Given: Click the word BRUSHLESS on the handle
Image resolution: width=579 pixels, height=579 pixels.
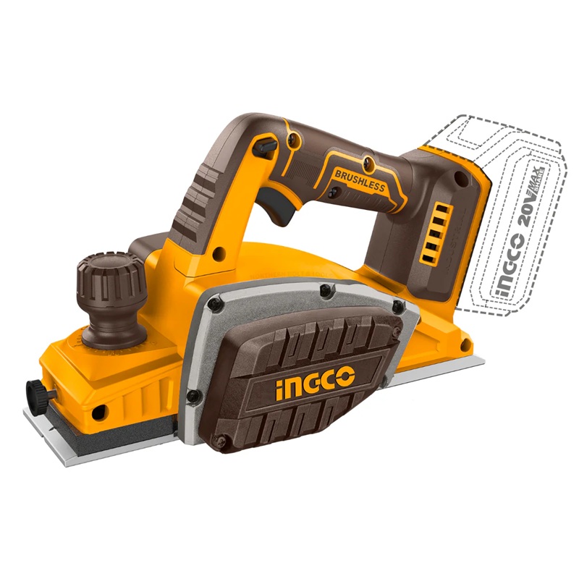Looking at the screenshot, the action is point(360,180).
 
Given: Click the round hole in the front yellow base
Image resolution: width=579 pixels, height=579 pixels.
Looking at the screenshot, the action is point(99,410).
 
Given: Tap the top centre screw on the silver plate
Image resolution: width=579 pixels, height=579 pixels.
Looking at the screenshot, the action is point(326,290).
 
